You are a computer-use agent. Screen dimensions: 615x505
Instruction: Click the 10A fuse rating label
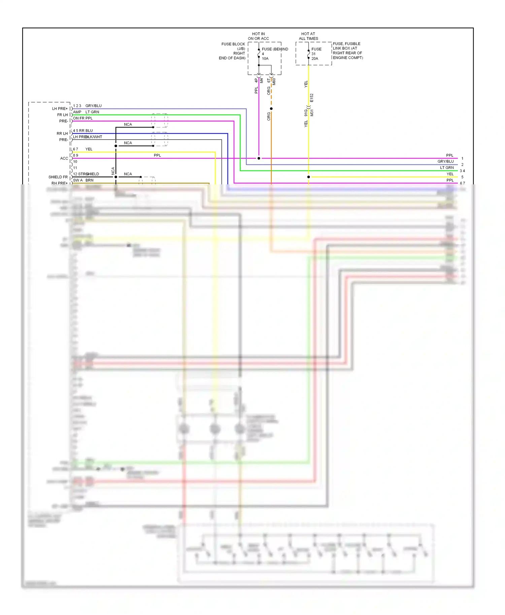click(265, 59)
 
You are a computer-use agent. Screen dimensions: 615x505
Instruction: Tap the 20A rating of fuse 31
click(314, 59)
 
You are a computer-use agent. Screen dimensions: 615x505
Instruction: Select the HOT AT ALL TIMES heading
click(308, 36)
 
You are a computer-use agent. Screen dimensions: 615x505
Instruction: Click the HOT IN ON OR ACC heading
click(258, 36)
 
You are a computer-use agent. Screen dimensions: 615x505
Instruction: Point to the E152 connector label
click(312, 98)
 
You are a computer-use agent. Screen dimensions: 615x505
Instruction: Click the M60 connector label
click(274, 81)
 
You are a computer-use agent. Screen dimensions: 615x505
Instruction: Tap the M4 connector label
click(261, 81)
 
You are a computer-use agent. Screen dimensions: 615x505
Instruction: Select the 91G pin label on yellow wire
click(306, 113)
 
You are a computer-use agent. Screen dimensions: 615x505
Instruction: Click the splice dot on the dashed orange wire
click(271, 109)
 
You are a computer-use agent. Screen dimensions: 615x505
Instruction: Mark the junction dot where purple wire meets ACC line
click(259, 158)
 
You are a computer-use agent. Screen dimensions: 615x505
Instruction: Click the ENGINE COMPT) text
click(348, 58)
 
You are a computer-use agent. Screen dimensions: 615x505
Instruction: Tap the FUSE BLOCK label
click(233, 44)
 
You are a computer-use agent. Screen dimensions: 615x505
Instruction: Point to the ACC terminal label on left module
click(64, 158)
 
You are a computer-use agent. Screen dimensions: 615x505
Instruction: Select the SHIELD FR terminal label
click(58, 177)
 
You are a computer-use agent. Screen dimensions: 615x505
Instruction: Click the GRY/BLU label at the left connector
click(93, 106)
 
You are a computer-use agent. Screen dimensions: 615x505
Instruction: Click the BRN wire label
click(89, 180)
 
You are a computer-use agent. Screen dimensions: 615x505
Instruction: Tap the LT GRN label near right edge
click(447, 168)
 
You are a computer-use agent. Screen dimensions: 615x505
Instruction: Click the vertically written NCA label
click(113, 171)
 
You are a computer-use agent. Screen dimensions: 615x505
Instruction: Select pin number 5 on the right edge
click(462, 177)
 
